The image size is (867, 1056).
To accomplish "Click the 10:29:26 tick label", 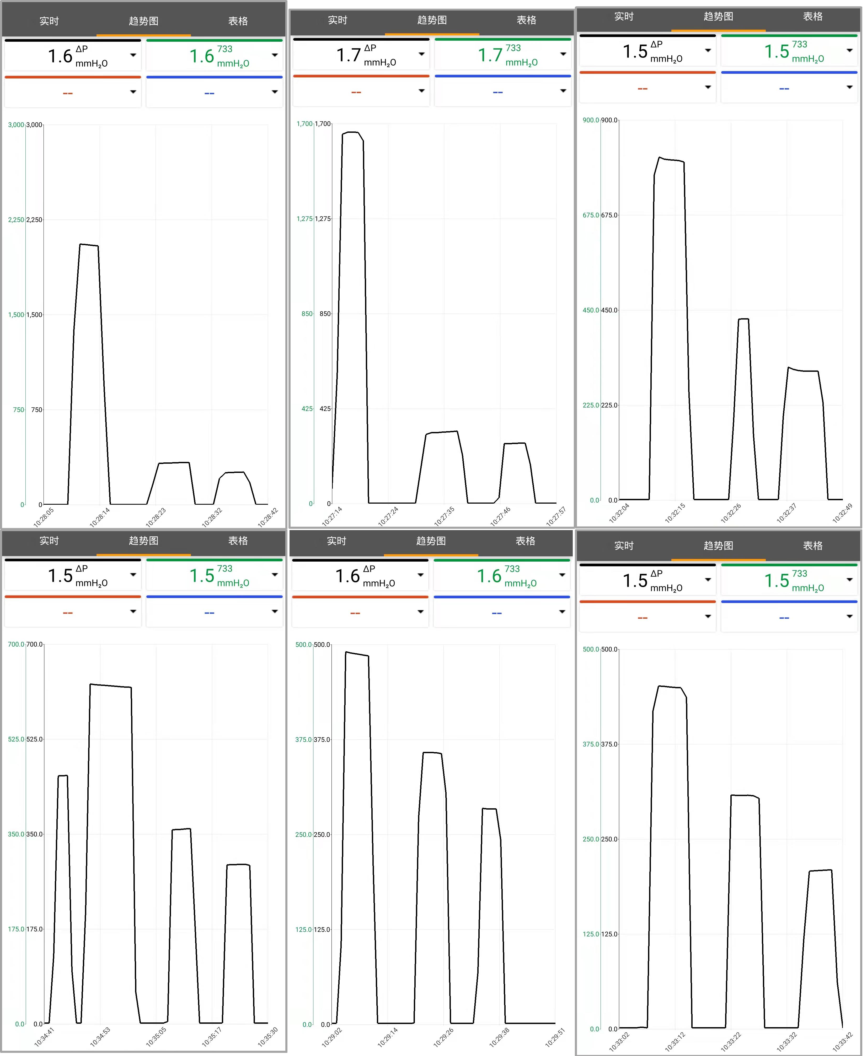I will pos(443,1037).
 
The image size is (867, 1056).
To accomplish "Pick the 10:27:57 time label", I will pos(556,516).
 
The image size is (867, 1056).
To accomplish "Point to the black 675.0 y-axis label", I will pos(609,215).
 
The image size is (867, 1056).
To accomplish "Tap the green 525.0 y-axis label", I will pos(16,739).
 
